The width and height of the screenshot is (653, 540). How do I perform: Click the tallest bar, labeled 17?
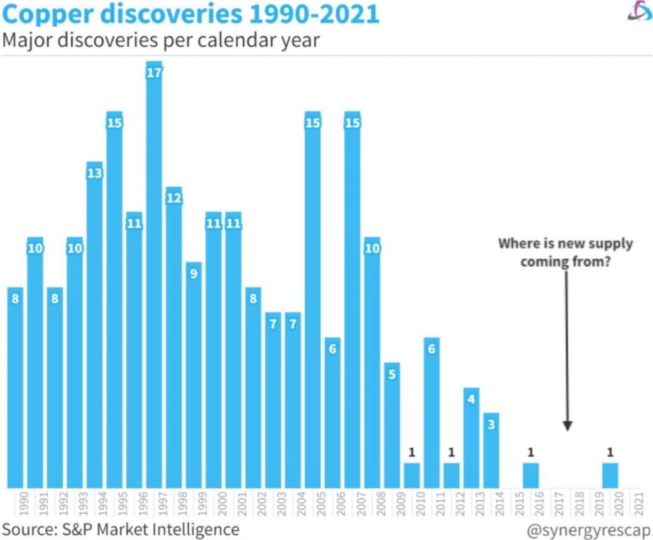[154, 281]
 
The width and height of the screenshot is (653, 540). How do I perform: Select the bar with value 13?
[94, 332]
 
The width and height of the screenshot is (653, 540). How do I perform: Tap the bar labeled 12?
[173, 344]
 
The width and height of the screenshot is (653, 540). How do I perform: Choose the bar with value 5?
[392, 427]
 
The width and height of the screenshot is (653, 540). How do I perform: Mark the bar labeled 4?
[471, 440]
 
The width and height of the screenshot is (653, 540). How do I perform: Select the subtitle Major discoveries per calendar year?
[161, 40]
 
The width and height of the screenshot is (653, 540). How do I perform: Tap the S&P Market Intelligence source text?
[121, 529]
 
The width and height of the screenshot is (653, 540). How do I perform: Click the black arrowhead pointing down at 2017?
[567, 427]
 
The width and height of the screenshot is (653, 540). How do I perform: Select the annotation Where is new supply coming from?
[565, 252]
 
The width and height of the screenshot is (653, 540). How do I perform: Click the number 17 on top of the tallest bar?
[154, 73]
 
